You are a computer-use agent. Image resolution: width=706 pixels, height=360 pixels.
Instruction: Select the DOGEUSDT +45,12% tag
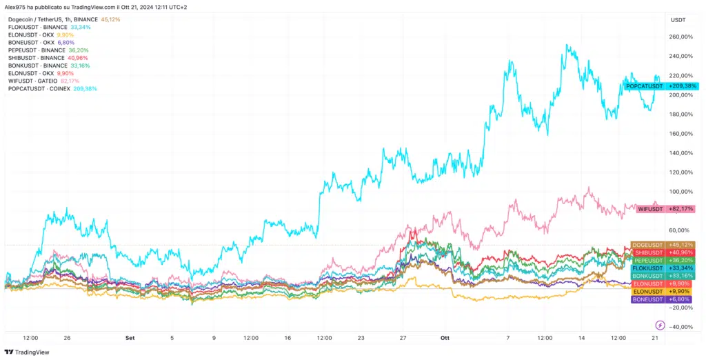(663, 245)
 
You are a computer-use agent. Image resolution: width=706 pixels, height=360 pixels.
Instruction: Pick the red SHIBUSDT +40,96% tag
(663, 252)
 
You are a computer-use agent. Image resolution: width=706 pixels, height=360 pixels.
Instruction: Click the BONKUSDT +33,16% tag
(663, 276)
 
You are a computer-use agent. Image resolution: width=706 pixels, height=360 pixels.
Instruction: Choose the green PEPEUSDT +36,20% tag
(663, 261)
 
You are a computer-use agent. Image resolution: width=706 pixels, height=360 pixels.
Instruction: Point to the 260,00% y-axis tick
(681, 37)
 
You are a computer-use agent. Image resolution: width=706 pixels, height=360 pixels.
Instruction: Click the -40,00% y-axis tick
(681, 327)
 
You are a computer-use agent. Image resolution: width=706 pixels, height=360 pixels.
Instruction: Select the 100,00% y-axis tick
(681, 192)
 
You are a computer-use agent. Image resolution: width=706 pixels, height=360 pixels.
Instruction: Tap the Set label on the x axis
(129, 338)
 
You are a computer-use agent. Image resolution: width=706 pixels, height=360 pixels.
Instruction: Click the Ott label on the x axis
(444, 338)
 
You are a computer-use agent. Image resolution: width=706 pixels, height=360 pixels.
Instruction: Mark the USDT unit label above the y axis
(678, 20)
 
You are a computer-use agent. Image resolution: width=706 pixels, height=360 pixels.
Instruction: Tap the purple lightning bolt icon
(660, 325)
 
